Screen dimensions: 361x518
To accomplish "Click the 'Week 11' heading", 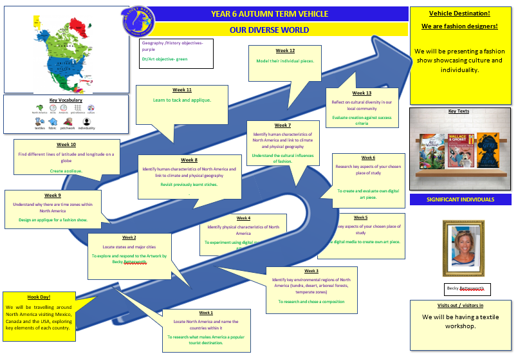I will click(x=182, y=90).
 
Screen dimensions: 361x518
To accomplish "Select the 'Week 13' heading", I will click(x=362, y=93).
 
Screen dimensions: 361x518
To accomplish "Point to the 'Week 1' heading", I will click(x=206, y=313).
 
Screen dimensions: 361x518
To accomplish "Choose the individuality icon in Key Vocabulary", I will click(x=86, y=121).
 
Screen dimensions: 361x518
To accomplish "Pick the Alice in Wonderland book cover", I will click(x=430, y=151).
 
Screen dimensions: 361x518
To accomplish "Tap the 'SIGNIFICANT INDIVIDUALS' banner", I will click(x=460, y=199).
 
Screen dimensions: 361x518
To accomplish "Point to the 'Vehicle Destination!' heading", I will click(x=459, y=13).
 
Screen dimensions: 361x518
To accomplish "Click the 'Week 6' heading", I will click(x=368, y=158).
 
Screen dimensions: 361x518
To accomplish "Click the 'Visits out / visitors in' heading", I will click(x=460, y=305).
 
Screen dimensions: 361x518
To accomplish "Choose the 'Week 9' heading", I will click(x=53, y=195).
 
